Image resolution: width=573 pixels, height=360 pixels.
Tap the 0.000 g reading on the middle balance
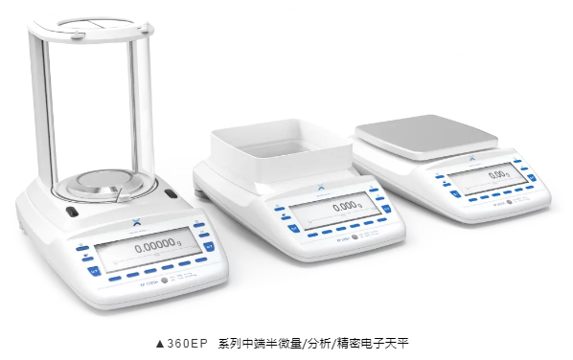click(343, 206)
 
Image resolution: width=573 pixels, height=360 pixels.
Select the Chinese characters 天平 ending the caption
click(401, 342)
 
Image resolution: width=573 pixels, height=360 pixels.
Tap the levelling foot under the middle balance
click(200, 195)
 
